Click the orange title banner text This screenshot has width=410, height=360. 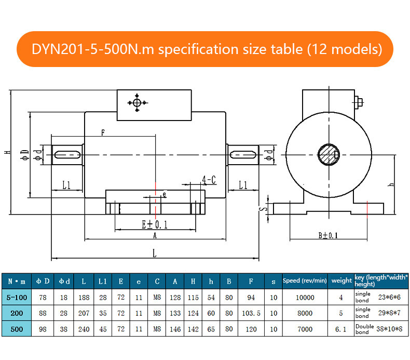(x=207, y=49)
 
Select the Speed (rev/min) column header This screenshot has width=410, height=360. (x=305, y=281)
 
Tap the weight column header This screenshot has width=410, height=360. (x=341, y=281)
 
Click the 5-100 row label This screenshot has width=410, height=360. (x=16, y=298)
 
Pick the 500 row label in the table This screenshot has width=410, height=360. (x=16, y=328)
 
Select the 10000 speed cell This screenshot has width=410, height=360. (x=305, y=298)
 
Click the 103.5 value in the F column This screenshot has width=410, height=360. (x=251, y=313)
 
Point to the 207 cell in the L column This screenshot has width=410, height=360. (x=84, y=313)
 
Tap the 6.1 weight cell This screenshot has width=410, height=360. (x=341, y=328)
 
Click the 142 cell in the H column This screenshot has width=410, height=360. (x=193, y=328)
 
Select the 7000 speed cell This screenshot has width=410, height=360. (x=305, y=328)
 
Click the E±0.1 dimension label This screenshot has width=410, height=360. (x=155, y=224)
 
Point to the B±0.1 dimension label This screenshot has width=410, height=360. (x=327, y=235)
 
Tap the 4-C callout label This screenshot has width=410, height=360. (x=209, y=180)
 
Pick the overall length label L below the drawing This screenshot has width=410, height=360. (x=154, y=253)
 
